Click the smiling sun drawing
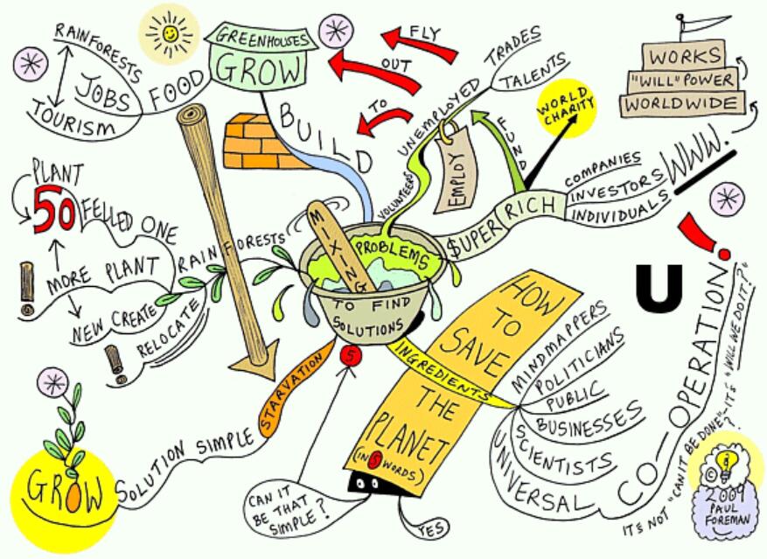click(x=170, y=32)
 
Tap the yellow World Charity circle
click(x=566, y=110)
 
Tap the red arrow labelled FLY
click(x=420, y=41)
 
